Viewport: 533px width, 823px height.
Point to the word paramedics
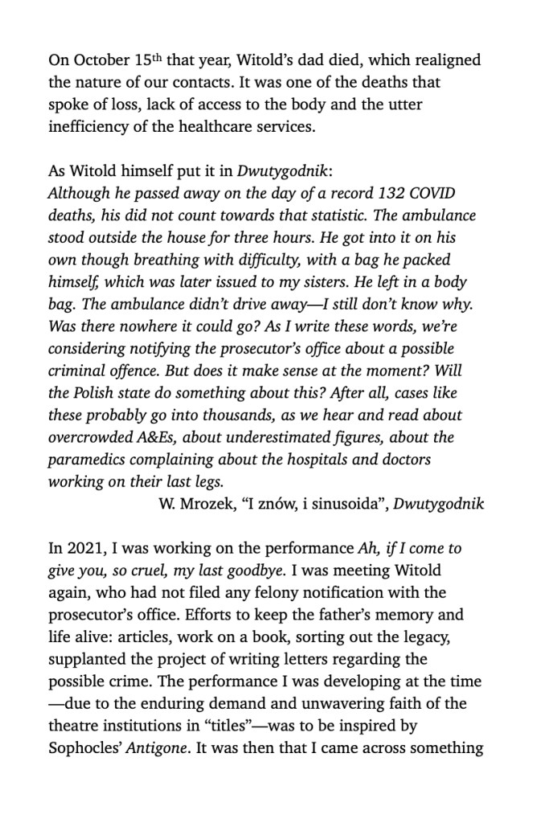click(x=92, y=461)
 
